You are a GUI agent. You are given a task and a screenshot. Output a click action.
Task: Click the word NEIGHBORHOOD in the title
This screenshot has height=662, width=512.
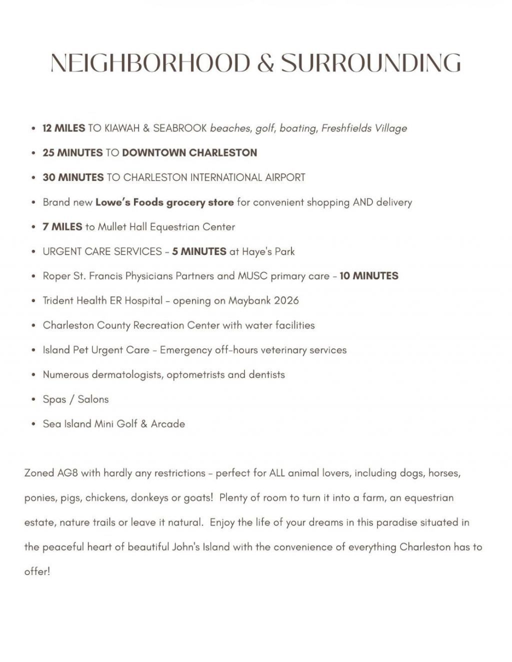tap(150, 63)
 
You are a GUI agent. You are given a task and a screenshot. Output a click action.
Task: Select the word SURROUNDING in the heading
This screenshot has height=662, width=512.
tap(370, 63)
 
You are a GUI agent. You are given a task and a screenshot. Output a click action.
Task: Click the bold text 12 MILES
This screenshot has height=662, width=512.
tap(64, 128)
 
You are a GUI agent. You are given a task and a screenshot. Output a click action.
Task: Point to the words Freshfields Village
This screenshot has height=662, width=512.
tap(364, 128)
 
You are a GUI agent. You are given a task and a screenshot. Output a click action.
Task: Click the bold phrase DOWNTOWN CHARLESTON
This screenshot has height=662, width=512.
tap(189, 152)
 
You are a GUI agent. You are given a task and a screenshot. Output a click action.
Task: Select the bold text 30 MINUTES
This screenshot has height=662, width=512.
tap(73, 177)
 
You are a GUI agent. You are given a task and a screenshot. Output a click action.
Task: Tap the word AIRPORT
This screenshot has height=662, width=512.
tap(285, 177)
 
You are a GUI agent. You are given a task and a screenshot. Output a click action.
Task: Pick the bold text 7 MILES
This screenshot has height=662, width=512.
tap(62, 227)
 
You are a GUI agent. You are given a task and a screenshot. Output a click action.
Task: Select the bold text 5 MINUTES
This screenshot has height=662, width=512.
tap(199, 251)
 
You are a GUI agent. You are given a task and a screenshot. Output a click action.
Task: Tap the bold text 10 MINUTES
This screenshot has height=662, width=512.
tap(369, 276)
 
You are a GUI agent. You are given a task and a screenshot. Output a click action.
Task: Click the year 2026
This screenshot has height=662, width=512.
tap(286, 300)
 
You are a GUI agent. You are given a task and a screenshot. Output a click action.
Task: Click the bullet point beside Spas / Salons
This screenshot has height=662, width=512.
tap(33, 399)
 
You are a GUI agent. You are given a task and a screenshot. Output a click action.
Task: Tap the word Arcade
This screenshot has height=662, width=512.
tap(168, 424)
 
